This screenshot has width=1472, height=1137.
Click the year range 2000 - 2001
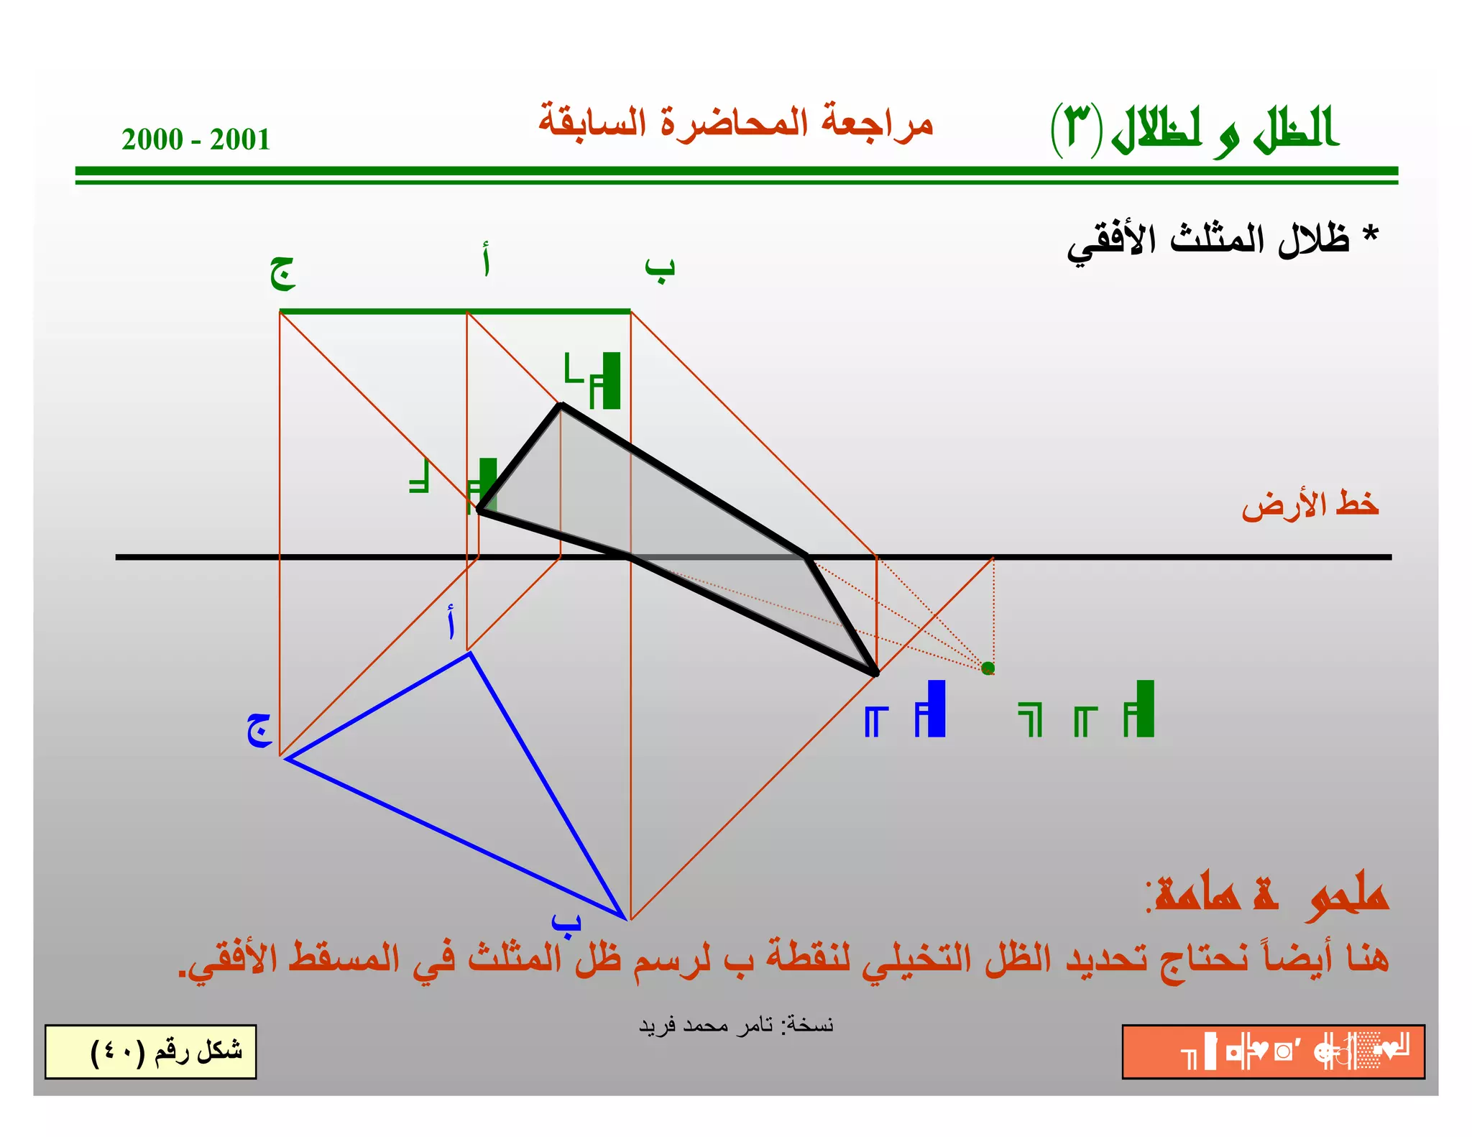pos(195,139)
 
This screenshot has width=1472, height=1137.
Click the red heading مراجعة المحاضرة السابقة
pos(735,122)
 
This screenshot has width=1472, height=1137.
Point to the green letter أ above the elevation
pos(487,260)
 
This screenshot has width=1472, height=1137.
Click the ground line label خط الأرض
pos(1310,505)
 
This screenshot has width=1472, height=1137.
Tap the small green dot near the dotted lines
pos(988,668)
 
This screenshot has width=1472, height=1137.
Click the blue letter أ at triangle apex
pos(451,622)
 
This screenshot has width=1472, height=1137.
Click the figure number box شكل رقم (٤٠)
pos(151,1051)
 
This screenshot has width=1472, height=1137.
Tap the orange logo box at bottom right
pos(1273,1051)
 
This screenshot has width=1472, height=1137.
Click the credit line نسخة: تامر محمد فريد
pos(736,1025)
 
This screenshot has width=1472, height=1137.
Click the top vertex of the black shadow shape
pos(561,405)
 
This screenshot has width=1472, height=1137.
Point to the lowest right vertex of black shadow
pos(875,673)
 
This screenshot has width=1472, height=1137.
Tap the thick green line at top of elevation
pos(455,311)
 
